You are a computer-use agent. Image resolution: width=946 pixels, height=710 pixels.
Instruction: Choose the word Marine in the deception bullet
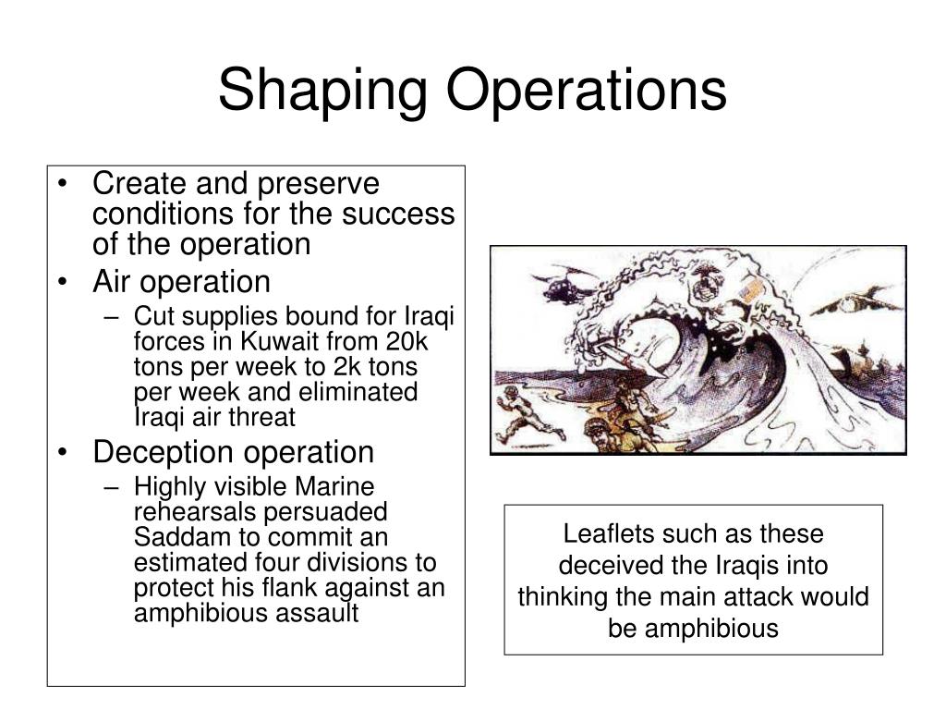pyautogui.click(x=334, y=486)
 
